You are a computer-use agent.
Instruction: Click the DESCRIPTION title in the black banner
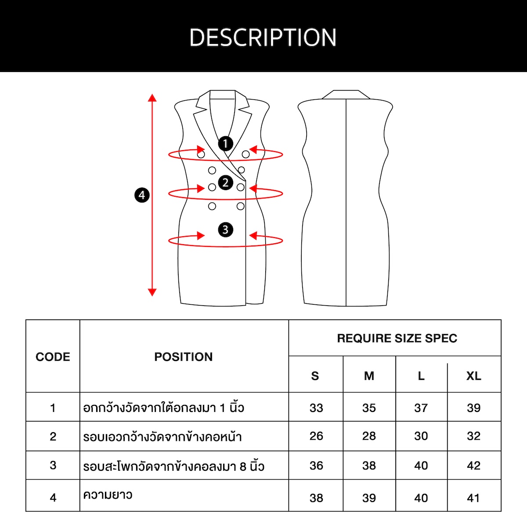coord(263,37)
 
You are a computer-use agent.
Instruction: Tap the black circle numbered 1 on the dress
coord(225,144)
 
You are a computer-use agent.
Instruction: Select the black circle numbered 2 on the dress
coord(225,182)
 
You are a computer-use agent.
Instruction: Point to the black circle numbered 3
coord(225,230)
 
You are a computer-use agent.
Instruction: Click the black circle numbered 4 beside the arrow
coord(142,195)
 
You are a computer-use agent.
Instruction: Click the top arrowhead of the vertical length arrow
coord(152,97)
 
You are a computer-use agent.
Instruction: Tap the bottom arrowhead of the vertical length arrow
coord(152,292)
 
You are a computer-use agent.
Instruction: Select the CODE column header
coord(53,357)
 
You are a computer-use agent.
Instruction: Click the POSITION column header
coord(184,357)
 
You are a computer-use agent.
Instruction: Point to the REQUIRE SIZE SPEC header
coord(397,338)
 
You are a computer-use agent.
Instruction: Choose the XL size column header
coord(474,376)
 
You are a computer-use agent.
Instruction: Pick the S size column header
coord(315,376)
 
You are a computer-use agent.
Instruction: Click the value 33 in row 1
coord(316,408)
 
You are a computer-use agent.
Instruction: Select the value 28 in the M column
coord(369,436)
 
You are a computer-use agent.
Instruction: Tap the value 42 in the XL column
coord(474,466)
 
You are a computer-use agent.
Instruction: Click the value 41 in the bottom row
coord(473,498)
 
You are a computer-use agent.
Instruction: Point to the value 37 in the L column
coord(421,408)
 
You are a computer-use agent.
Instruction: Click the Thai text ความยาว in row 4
coord(108,495)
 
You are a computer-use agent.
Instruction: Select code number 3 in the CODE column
coord(53,465)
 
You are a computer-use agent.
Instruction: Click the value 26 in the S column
coord(316,436)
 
